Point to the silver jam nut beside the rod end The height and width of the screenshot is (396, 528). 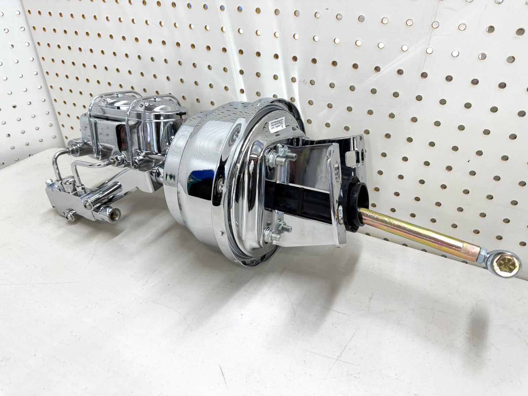484,253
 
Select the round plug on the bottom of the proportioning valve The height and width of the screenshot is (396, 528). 70,215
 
